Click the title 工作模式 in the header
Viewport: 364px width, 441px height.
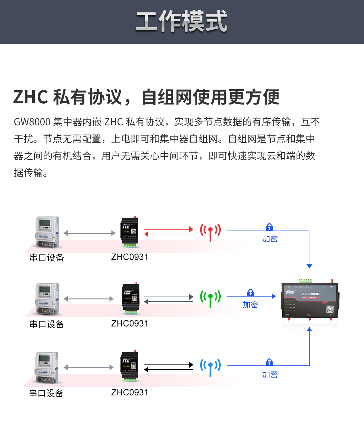pos(181,21)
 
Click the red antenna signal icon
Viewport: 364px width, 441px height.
pos(210,232)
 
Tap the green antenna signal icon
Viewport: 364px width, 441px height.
pos(210,298)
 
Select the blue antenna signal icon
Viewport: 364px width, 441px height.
pos(210,367)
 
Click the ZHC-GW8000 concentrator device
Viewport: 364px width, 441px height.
pos(310,300)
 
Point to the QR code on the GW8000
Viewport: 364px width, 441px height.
pos(330,309)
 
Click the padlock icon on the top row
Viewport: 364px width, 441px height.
pos(269,227)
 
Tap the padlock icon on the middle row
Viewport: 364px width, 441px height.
pos(251,292)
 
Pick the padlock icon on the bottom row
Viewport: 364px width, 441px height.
pos(269,362)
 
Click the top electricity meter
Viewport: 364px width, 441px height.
pos(47,232)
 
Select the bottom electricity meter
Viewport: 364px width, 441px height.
pos(47,367)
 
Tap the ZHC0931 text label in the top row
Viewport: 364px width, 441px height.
pos(130,257)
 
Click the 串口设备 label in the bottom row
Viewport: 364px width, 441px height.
pos(46,393)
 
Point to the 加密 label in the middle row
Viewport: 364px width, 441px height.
pos(251,305)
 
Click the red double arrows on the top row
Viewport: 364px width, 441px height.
pos(169,232)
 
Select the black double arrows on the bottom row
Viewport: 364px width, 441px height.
pos(169,367)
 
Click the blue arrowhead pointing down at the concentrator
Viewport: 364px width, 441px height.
pos(309,266)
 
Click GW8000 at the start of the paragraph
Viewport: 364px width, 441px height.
pos(32,122)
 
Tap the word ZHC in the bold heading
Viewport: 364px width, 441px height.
pos(31,97)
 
